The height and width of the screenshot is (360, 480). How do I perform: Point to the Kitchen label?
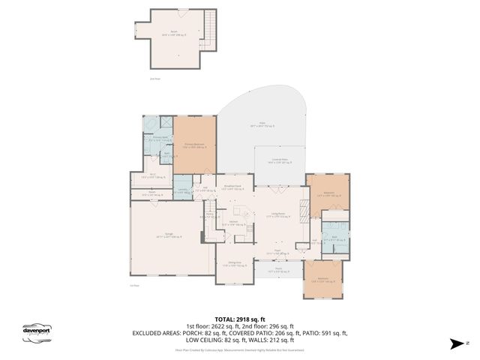click(233, 222)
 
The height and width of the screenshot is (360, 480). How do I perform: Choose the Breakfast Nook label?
click(232, 187)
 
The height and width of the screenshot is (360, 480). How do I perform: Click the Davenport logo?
click(34, 331)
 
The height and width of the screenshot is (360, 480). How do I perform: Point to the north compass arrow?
click(454, 343)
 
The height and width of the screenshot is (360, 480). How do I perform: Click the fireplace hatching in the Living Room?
click(302, 211)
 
